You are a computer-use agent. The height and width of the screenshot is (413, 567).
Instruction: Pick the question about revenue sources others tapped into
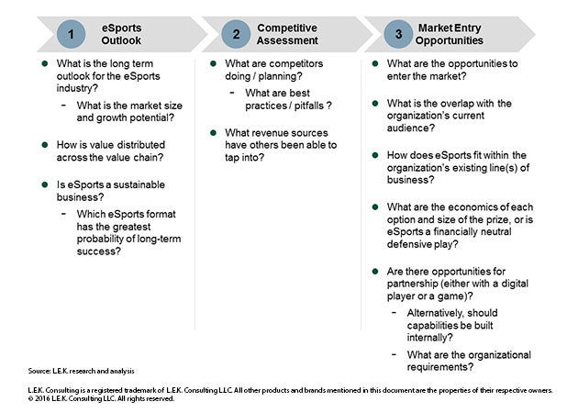coord(280,145)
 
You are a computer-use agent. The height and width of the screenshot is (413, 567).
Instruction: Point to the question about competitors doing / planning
coord(276,70)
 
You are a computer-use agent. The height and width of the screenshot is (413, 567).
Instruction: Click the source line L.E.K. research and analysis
coord(83,371)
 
